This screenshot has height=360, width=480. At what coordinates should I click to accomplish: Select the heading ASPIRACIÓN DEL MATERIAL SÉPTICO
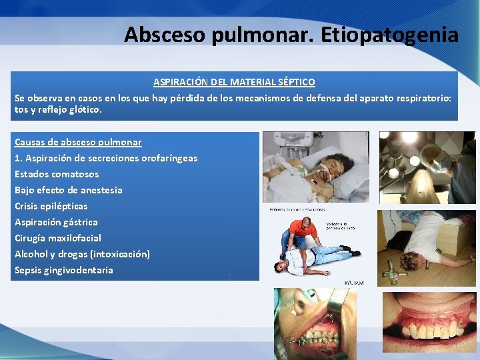click(x=234, y=82)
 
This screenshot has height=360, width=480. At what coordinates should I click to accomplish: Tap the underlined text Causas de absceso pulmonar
click(x=78, y=142)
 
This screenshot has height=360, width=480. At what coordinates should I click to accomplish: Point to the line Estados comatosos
click(x=57, y=174)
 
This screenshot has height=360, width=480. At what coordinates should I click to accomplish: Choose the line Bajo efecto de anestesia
click(x=69, y=190)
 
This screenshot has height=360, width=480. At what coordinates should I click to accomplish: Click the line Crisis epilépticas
click(x=51, y=206)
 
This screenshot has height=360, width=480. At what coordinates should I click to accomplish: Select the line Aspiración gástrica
click(x=56, y=222)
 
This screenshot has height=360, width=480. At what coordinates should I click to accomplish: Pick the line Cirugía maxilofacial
click(x=58, y=238)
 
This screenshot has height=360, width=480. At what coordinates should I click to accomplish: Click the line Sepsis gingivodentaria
click(x=64, y=270)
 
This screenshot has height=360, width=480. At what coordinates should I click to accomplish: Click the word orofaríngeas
click(x=168, y=158)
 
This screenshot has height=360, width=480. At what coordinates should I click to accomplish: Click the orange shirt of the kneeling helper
click(x=303, y=233)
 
